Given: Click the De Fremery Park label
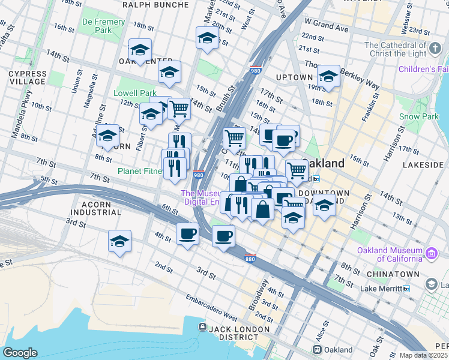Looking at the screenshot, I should (x=103, y=26).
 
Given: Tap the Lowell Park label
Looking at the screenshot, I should (x=135, y=93).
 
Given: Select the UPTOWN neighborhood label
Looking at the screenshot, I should (x=294, y=77).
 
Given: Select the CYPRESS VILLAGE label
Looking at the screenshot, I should (x=27, y=77).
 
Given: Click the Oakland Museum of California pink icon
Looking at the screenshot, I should (x=431, y=254).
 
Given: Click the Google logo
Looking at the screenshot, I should (x=20, y=353).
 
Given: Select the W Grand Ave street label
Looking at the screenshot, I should (x=326, y=28).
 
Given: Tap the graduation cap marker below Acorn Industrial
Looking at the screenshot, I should (x=119, y=241).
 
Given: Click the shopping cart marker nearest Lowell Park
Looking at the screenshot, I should (x=179, y=109).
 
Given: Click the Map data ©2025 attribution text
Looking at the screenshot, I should (x=423, y=355).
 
